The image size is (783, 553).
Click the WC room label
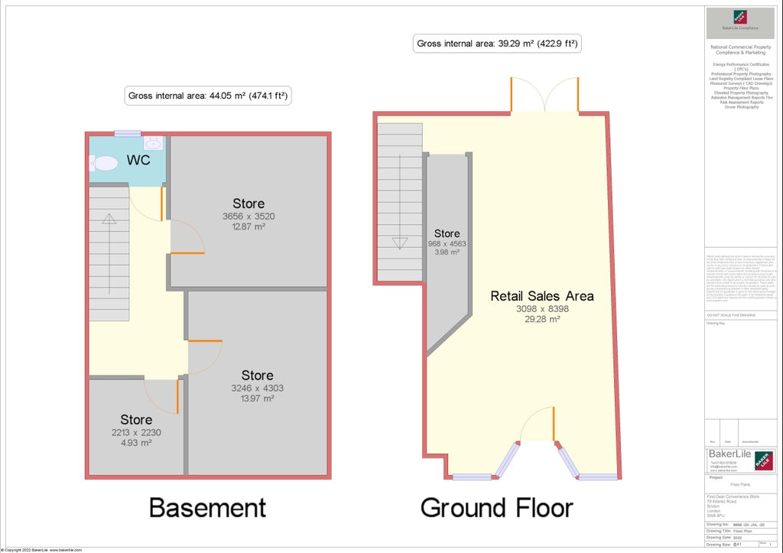pos(138,161)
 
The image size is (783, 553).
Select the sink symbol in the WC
pos(153,143)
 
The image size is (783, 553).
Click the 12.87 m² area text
pos(249,227)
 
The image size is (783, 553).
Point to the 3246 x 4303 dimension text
pos(257,388)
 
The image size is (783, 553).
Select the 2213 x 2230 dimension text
pos(135,432)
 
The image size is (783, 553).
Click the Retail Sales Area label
pos(541,296)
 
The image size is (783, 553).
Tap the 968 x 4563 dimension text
pos(447,244)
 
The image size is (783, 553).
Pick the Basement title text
pos(207,507)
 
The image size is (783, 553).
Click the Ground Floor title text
pos(496,507)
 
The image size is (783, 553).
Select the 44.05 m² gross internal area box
pos(209,96)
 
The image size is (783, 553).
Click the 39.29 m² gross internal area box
pos(497,44)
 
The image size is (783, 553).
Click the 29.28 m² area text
pos(541,320)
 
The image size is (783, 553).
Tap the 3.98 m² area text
pos(447,252)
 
